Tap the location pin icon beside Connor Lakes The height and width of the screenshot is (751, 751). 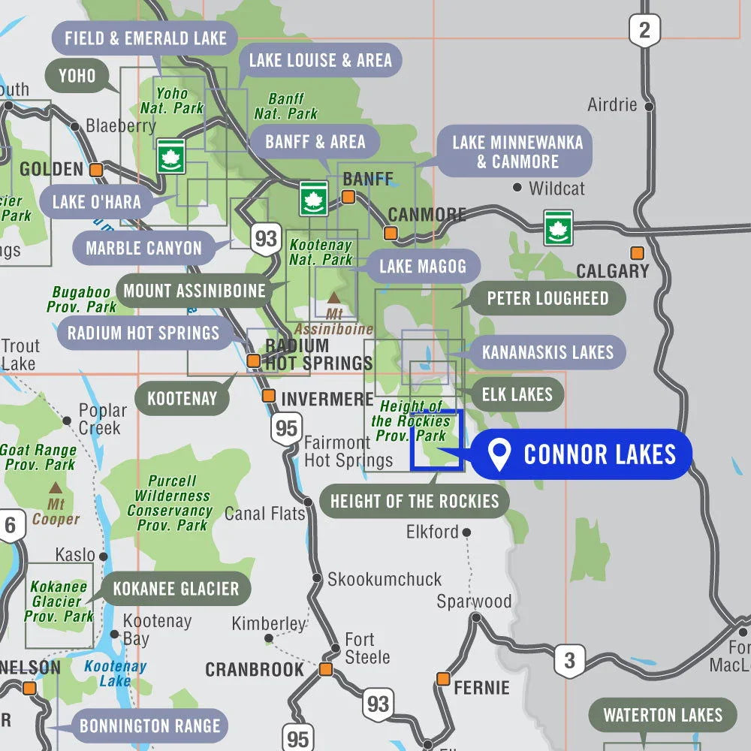(x=499, y=455)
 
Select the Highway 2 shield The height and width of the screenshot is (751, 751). (x=644, y=31)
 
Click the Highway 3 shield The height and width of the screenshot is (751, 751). (x=569, y=661)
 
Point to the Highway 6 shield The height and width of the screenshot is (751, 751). (x=10, y=525)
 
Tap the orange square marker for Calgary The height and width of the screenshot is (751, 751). (x=637, y=253)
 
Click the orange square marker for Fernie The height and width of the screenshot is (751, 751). (x=443, y=679)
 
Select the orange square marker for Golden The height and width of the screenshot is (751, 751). (x=96, y=170)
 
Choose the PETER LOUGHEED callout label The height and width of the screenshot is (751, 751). (x=547, y=298)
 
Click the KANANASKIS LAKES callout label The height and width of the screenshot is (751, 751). (x=547, y=352)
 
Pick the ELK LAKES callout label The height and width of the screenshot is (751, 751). (x=517, y=394)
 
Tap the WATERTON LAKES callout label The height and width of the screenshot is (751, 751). (x=662, y=715)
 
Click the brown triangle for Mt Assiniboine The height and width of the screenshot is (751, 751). (x=333, y=298)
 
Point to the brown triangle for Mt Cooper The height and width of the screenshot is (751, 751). (x=56, y=487)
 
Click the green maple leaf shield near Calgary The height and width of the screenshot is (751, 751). (x=558, y=228)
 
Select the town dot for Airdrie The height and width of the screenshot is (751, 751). (x=649, y=107)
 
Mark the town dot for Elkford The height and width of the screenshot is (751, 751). (x=466, y=532)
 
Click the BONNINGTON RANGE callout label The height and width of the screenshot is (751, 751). (x=149, y=725)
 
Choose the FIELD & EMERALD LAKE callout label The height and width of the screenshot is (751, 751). (x=145, y=38)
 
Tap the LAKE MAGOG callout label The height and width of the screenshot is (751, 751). (x=422, y=266)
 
